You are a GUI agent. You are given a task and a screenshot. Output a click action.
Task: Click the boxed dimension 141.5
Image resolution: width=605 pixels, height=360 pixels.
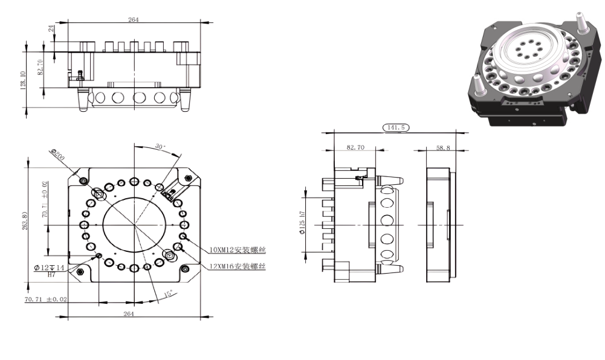395,127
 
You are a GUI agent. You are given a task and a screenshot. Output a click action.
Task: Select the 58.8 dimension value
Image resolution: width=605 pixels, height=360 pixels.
443,147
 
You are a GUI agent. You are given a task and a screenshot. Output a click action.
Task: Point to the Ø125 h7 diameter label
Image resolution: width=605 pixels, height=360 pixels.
302,223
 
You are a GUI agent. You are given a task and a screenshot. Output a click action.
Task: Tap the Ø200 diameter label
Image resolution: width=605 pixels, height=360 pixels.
57,155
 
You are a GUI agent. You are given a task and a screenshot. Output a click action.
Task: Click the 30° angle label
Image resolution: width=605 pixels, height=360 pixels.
160,146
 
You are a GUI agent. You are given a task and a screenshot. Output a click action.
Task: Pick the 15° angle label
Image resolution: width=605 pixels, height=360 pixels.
169,294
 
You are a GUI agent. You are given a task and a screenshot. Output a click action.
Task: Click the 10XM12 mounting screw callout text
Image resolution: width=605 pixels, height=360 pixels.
238,250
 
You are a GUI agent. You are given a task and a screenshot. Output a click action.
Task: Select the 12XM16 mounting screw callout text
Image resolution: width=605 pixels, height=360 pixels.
238,266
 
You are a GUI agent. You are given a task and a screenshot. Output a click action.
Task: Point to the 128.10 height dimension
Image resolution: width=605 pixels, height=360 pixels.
22,80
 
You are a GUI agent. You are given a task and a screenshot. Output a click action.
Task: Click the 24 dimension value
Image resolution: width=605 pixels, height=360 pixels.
51,28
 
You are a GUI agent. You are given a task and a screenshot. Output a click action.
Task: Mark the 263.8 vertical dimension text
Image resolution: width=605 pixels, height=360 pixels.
25,221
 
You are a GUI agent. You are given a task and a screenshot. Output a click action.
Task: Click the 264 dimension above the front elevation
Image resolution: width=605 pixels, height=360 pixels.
134,20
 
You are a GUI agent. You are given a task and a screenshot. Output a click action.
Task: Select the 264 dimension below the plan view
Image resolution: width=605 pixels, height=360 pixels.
129,313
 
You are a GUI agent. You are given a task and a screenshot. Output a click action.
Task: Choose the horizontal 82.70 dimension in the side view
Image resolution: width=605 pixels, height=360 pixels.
355,147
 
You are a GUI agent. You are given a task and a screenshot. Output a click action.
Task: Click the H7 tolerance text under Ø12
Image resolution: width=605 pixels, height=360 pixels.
51,274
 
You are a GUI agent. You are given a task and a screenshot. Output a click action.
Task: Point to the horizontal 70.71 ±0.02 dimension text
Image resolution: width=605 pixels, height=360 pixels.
46,299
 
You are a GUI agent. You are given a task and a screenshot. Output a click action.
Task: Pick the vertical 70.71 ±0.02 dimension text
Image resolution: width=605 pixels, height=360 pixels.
45,199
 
